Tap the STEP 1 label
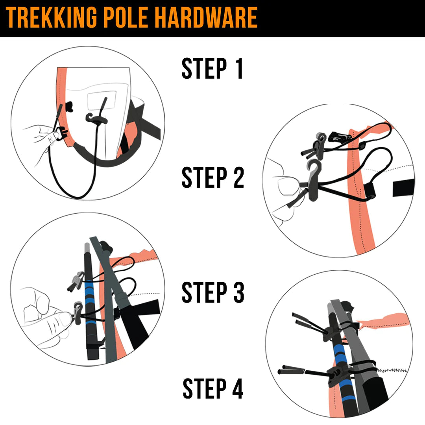coord(213,69)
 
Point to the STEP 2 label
coord(213,177)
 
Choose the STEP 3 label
coord(213,292)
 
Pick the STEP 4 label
coord(213,389)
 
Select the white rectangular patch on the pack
coord(102,100)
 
